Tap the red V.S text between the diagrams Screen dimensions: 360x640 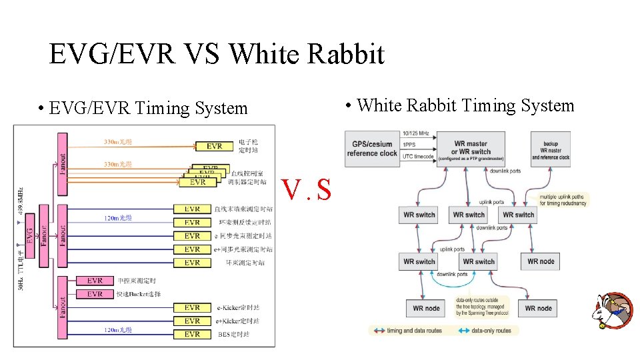click(x=306, y=190)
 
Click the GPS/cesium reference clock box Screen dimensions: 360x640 click(x=371, y=149)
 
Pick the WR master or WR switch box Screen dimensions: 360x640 click(x=471, y=148)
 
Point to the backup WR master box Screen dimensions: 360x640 click(x=551, y=149)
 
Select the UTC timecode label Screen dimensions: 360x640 click(x=417, y=157)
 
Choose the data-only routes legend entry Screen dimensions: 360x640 click(x=485, y=331)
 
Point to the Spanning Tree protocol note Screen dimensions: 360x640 click(x=482, y=308)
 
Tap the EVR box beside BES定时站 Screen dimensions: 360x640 click(x=192, y=334)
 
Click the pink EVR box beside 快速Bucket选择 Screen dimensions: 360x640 click(x=95, y=294)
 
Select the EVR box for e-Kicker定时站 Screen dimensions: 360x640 click(x=192, y=307)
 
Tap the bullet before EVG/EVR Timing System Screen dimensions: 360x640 click(x=41, y=109)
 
